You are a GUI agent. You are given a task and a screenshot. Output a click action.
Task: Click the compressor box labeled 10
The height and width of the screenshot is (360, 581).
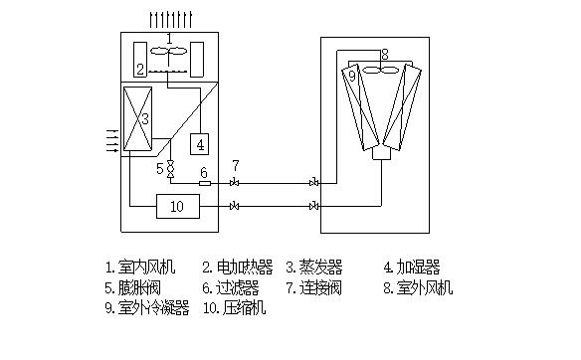tap(177, 206)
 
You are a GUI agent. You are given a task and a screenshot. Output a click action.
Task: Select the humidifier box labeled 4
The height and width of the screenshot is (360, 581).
tap(201, 144)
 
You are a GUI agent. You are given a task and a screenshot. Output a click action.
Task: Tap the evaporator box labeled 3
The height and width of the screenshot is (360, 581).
tap(135, 120)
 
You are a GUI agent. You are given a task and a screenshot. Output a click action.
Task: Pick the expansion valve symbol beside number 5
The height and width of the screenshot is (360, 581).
tap(170, 170)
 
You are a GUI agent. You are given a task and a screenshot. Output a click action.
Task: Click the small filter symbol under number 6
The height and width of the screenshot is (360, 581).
tap(204, 183)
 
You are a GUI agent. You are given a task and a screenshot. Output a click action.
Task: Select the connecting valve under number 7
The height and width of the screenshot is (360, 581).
tap(235, 183)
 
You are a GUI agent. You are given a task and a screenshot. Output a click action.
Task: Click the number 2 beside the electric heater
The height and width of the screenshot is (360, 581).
tap(140, 69)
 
